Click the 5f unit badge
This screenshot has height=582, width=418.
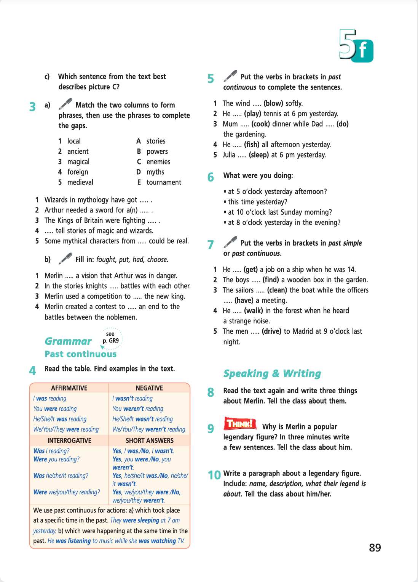coord(356,46)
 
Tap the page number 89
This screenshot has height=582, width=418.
coord(375,548)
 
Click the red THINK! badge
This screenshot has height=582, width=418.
coord(240,423)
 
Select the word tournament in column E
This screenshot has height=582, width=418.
coord(164,182)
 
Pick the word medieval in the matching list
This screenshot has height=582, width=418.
coord(80,182)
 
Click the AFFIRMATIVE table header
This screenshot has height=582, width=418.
coord(69,388)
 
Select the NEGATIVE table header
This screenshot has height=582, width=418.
coord(149,388)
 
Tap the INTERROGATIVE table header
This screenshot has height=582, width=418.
coord(69,441)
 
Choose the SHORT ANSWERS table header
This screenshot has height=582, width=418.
coord(149,441)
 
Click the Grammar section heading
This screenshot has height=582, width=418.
coord(68,341)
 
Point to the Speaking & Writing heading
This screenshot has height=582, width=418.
coord(272,373)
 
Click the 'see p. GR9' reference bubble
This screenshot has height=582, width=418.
coord(111,338)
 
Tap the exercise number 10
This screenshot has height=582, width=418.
coord(214,475)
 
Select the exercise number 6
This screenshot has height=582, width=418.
coord(211,177)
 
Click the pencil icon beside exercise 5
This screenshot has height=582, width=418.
coord(230,76)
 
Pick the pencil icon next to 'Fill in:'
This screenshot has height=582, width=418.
coord(65,259)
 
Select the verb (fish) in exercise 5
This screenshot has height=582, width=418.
coord(252,145)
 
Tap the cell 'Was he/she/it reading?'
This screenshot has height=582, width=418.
coord(61,476)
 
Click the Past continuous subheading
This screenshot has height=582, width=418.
coord(81,354)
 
